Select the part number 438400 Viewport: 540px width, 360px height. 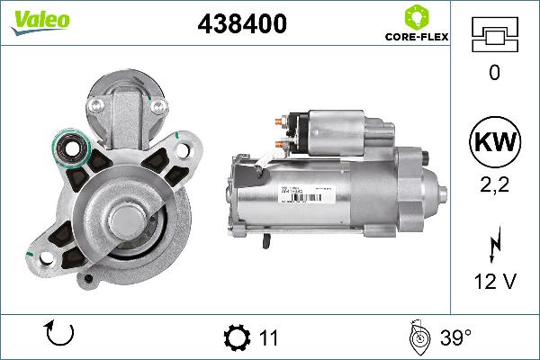[x=241, y=25]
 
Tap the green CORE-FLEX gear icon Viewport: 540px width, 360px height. [x=416, y=17]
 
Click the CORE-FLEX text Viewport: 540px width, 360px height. [x=416, y=39]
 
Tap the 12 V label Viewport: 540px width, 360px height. [x=493, y=281]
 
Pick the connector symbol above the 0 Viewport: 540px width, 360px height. [x=493, y=35]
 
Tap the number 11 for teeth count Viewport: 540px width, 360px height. [x=268, y=338]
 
